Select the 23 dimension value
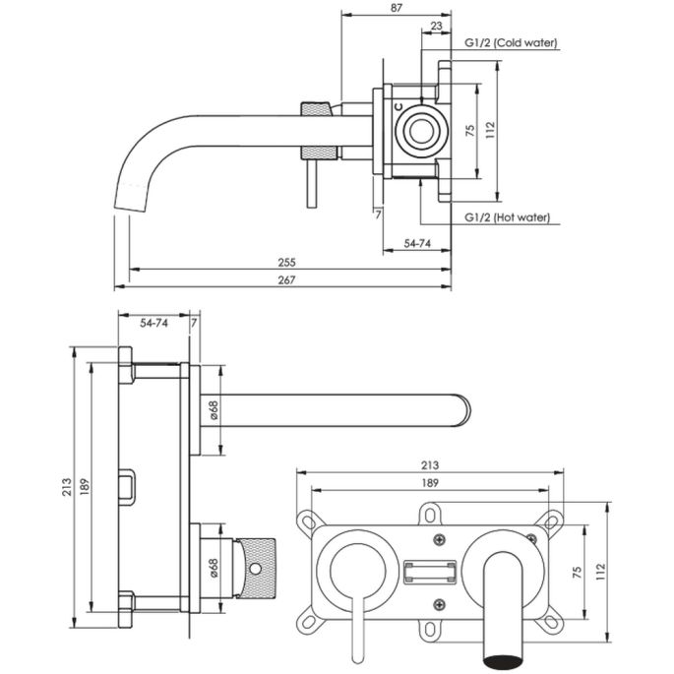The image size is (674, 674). tap(436, 29)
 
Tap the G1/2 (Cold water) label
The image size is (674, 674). tap(511, 43)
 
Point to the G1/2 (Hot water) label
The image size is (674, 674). tap(508, 217)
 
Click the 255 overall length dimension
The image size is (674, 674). tap(286, 263)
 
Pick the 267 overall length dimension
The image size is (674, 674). tap(286, 279)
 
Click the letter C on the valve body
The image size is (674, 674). tap(398, 105)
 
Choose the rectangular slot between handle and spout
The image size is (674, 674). tap(430, 570)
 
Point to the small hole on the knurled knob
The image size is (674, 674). tap(258, 569)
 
